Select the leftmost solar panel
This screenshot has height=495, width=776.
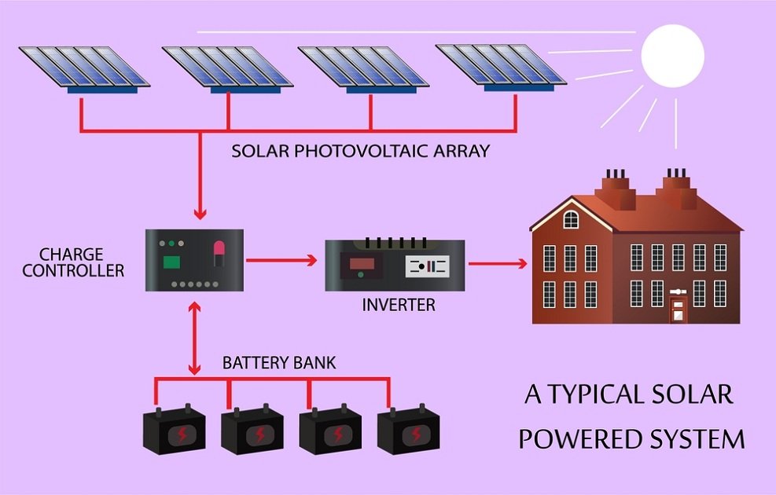click(x=83, y=67)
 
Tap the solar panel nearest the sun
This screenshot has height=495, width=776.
click(x=500, y=64)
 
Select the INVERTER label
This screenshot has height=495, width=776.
click(x=398, y=305)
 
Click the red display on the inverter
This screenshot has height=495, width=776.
click(x=361, y=262)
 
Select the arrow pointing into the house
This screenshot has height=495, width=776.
click(x=496, y=262)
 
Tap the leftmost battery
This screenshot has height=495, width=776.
click(x=174, y=431)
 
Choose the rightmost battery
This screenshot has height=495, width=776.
click(x=408, y=430)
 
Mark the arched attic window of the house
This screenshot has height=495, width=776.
click(x=571, y=219)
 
